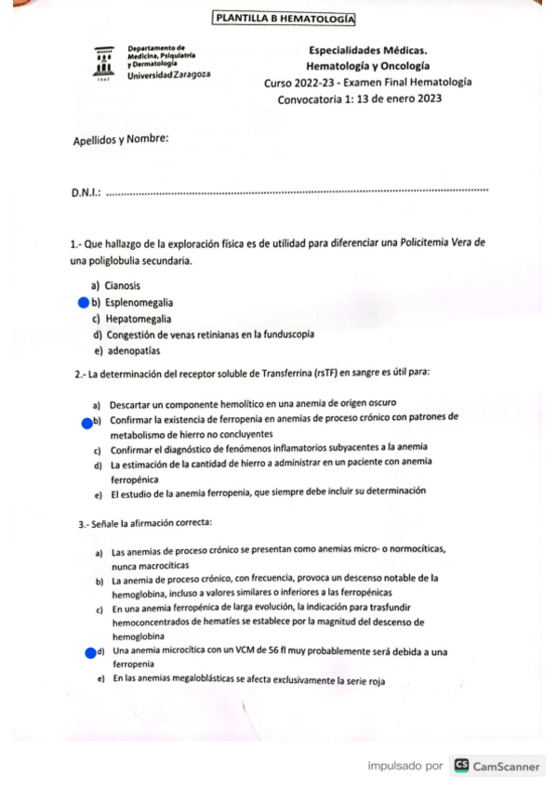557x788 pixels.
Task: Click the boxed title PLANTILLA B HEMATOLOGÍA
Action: click(283, 19)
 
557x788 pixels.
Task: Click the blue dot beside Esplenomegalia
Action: click(83, 302)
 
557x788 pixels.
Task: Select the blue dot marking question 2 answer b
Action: click(86, 424)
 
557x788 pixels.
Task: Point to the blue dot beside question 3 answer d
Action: click(90, 652)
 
